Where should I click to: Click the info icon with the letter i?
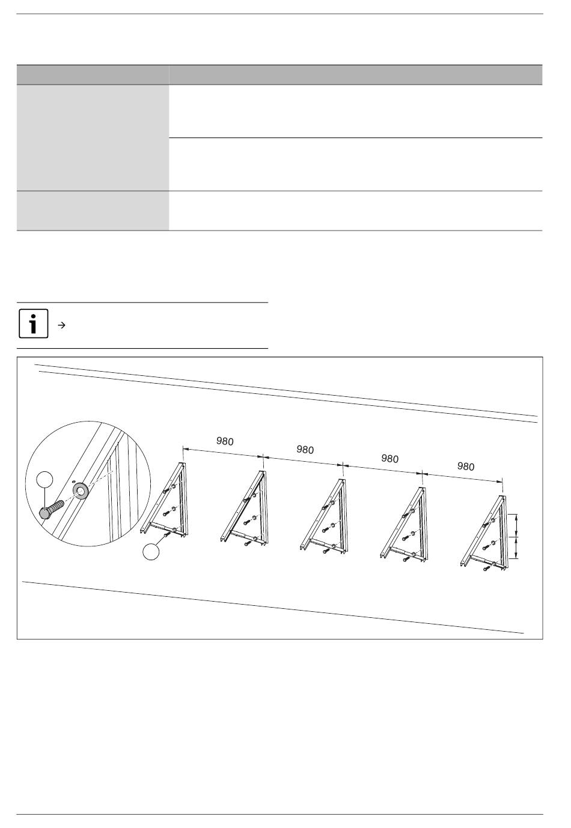pos(33,324)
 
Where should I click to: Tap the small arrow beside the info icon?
pos(62,325)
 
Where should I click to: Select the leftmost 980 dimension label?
pos(225,441)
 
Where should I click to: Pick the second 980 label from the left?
pos(305,450)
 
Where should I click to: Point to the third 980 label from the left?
pos(389,458)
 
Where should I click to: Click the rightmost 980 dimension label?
pos(466,467)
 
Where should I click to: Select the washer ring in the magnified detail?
pos(80,490)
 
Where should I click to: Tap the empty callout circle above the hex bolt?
pos(44,479)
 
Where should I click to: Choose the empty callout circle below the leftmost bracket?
pos(151,552)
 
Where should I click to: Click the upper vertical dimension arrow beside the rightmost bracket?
pos(516,525)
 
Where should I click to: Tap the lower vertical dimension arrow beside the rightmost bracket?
pos(516,548)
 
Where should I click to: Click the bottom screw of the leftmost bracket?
pos(166,534)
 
